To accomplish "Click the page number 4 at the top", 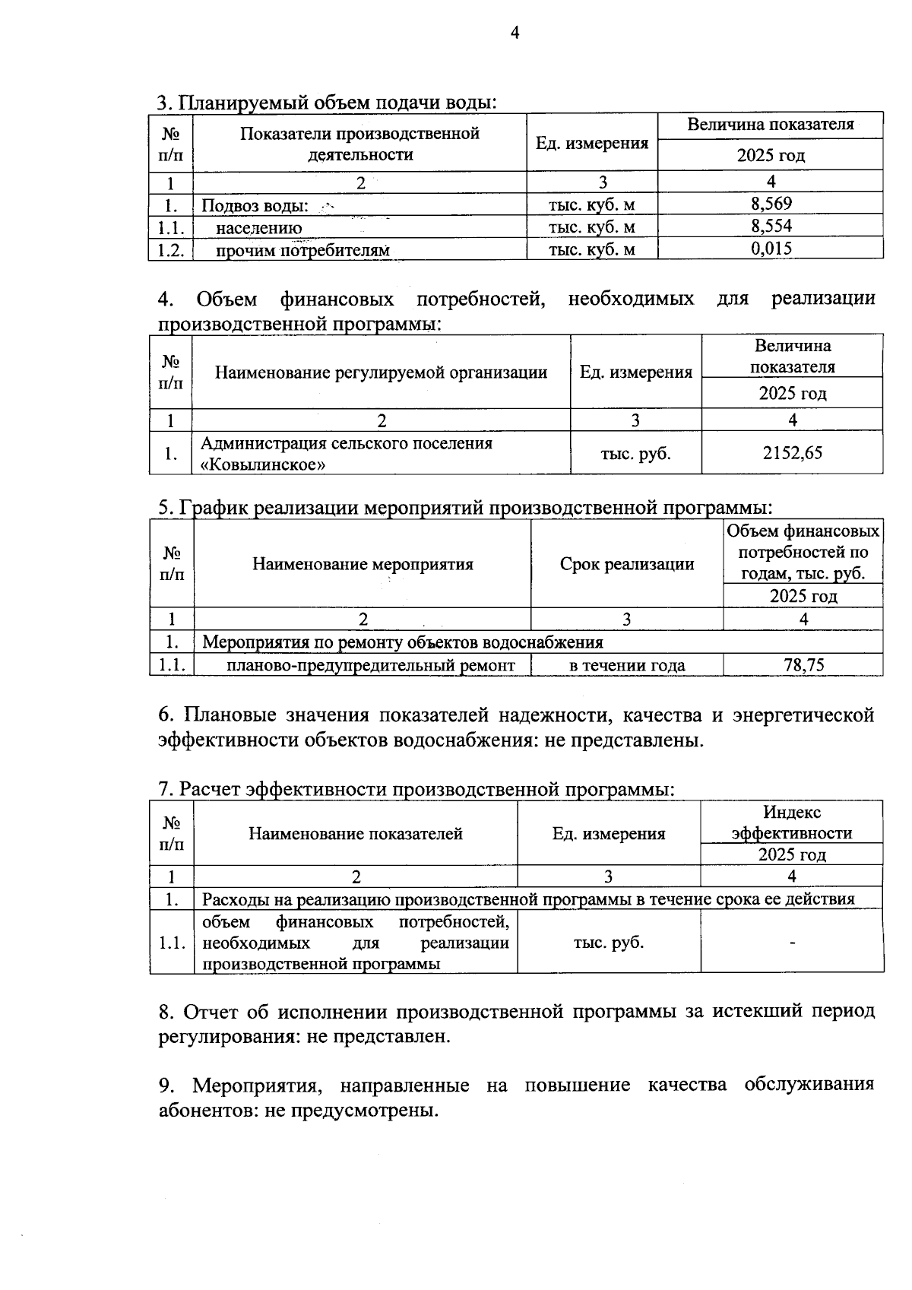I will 515,33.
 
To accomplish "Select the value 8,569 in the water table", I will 771,203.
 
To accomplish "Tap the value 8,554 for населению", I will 771,226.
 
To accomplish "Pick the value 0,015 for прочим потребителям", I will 771,248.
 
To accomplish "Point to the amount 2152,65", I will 792,453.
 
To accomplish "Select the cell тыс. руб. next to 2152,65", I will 635,454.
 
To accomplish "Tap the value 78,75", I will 803,665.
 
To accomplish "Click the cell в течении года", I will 627,665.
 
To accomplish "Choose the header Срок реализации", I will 627,564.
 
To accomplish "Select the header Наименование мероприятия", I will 363,564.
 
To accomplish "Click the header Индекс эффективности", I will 791,822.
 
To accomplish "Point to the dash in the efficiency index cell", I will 792,943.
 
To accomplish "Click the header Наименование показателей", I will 355,834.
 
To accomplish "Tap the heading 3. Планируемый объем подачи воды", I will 327,103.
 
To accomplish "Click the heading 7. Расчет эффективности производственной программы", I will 416,790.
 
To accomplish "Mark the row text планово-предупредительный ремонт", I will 370,665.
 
